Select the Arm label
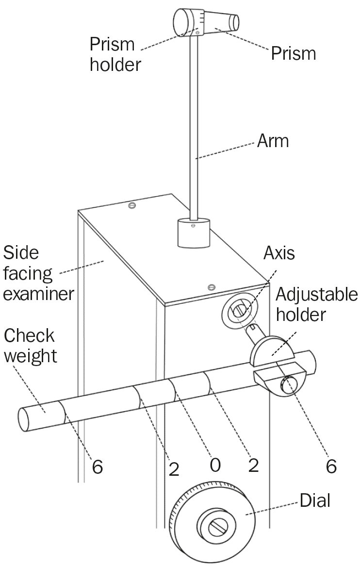pyautogui.click(x=274, y=141)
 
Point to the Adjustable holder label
pyautogui.click(x=317, y=304)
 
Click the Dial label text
pyautogui.click(x=315, y=501)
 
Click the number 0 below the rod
pyautogui.click(x=215, y=465)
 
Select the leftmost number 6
pyautogui.click(x=98, y=467)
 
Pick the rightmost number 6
pyautogui.click(x=331, y=466)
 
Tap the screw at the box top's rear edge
pyautogui.click(x=131, y=206)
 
